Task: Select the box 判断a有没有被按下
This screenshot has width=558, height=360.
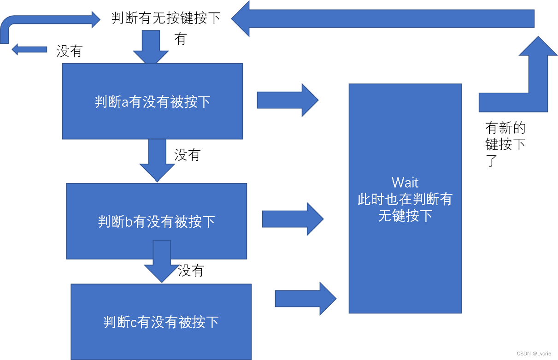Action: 153,101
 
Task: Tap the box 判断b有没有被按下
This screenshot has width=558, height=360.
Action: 157,222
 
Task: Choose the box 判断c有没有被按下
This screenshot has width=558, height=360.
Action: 161,322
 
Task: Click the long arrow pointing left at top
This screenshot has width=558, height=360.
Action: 382,19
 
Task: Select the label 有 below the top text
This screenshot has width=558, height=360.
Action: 180,39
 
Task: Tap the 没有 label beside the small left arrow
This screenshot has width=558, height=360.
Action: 69,51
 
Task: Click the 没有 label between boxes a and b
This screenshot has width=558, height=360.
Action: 187,155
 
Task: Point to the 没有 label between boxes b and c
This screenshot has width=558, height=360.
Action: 191,271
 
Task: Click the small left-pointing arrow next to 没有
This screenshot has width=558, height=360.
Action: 29,49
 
